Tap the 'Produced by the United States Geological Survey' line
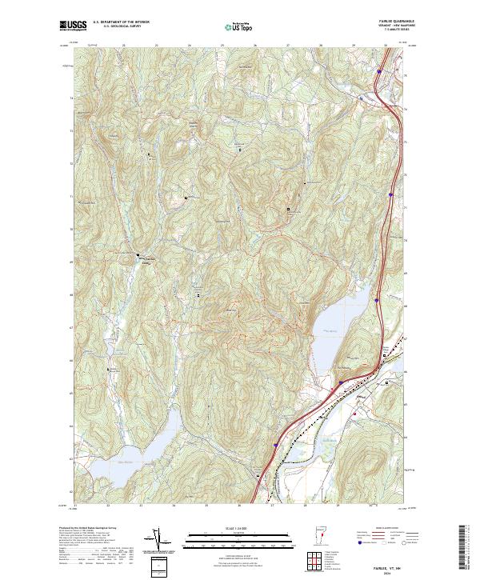(88, 528)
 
